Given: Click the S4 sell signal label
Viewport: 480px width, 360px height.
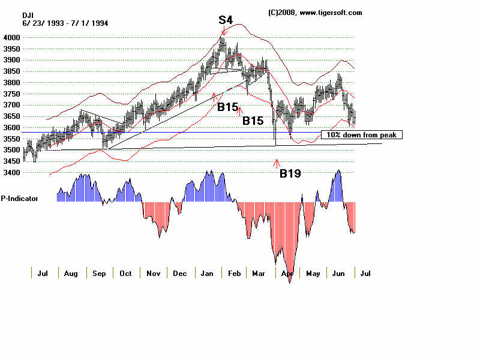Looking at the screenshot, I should (226, 20).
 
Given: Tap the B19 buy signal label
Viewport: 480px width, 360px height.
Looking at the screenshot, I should (290, 173).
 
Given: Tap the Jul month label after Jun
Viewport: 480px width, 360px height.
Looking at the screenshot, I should (365, 273).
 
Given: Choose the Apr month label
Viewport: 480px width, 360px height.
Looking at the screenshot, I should (287, 273).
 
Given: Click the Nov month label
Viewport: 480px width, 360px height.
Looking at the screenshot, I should (153, 273).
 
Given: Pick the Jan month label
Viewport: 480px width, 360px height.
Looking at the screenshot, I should (207, 273).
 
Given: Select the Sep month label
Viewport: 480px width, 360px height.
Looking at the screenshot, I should (99, 273).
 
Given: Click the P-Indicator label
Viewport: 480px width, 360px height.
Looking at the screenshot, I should (19, 197).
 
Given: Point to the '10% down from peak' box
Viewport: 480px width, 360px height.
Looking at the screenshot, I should (361, 135).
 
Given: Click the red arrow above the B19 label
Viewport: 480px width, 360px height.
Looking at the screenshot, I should (277, 162).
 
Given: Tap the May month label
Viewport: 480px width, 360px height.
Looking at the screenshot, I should (313, 273).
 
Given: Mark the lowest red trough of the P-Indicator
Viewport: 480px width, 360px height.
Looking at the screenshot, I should (290, 281).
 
